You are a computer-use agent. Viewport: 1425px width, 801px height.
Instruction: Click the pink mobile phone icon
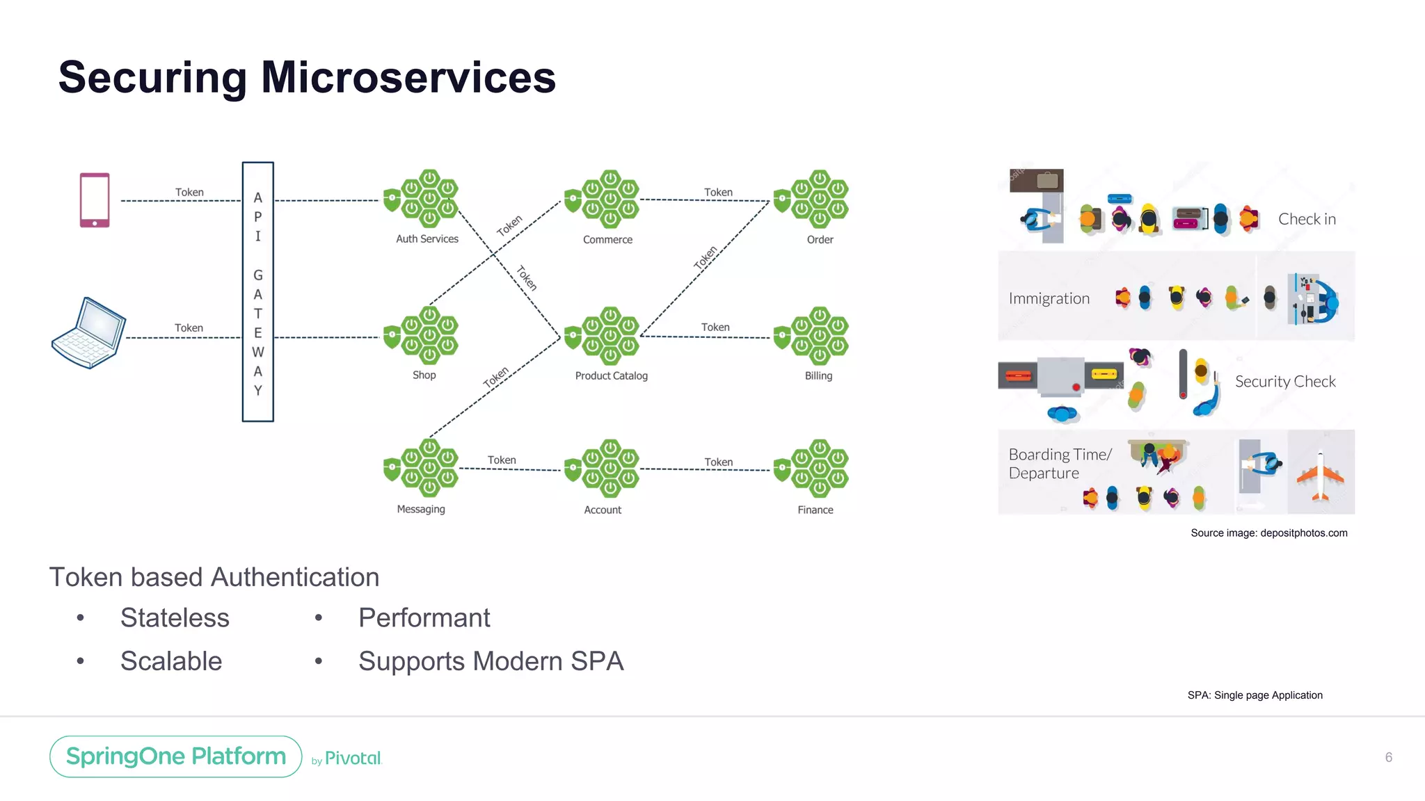[x=95, y=200]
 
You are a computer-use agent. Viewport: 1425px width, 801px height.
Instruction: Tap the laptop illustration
[x=89, y=333]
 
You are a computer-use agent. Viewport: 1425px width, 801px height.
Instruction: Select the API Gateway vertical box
[x=257, y=292]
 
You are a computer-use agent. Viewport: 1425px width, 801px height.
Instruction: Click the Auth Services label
[x=427, y=239]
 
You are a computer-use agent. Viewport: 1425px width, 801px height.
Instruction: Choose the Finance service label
[x=815, y=510]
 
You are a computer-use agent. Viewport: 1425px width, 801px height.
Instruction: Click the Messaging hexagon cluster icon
[x=422, y=467]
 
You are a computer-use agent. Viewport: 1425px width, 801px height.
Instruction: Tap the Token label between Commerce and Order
[x=718, y=192]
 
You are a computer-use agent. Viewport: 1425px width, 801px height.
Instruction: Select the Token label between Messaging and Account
[x=502, y=460]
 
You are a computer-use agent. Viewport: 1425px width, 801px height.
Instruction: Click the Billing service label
[x=818, y=375]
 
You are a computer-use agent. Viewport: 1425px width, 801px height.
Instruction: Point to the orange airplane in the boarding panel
[x=1320, y=477]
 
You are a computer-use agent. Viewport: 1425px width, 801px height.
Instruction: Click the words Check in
[x=1307, y=219]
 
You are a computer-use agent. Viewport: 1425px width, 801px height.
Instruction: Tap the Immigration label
[x=1049, y=298]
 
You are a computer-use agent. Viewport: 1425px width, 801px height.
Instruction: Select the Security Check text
[x=1284, y=381]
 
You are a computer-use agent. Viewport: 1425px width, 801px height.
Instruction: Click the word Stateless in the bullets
[x=175, y=617]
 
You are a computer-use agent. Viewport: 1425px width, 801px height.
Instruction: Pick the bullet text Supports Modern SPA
[x=491, y=661]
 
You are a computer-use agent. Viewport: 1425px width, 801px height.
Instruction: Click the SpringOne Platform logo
[x=176, y=756]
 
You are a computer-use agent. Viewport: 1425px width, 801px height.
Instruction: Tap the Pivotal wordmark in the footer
[x=353, y=758]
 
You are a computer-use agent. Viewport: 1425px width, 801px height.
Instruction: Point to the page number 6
[x=1388, y=757]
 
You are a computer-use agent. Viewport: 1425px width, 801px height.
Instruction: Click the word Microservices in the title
[x=408, y=77]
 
